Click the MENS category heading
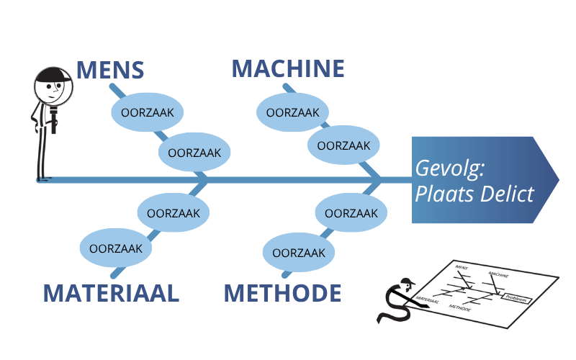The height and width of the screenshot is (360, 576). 110,70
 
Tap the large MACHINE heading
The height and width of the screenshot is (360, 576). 288,68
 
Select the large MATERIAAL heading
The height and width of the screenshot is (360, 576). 110,293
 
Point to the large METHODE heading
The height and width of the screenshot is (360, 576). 282,293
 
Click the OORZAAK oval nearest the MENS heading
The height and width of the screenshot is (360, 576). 147,113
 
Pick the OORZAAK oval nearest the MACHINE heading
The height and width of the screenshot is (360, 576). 292,113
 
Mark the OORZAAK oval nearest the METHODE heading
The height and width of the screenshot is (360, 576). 297,253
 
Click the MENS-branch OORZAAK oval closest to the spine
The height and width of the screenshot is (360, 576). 194,153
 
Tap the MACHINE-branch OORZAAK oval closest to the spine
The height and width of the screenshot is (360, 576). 343,145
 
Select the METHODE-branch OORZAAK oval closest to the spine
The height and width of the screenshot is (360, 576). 351,213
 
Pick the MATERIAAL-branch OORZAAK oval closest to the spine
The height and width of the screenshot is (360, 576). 174,213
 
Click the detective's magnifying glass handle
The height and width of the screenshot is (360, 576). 54,120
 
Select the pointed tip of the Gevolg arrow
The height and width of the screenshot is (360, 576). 557,179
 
